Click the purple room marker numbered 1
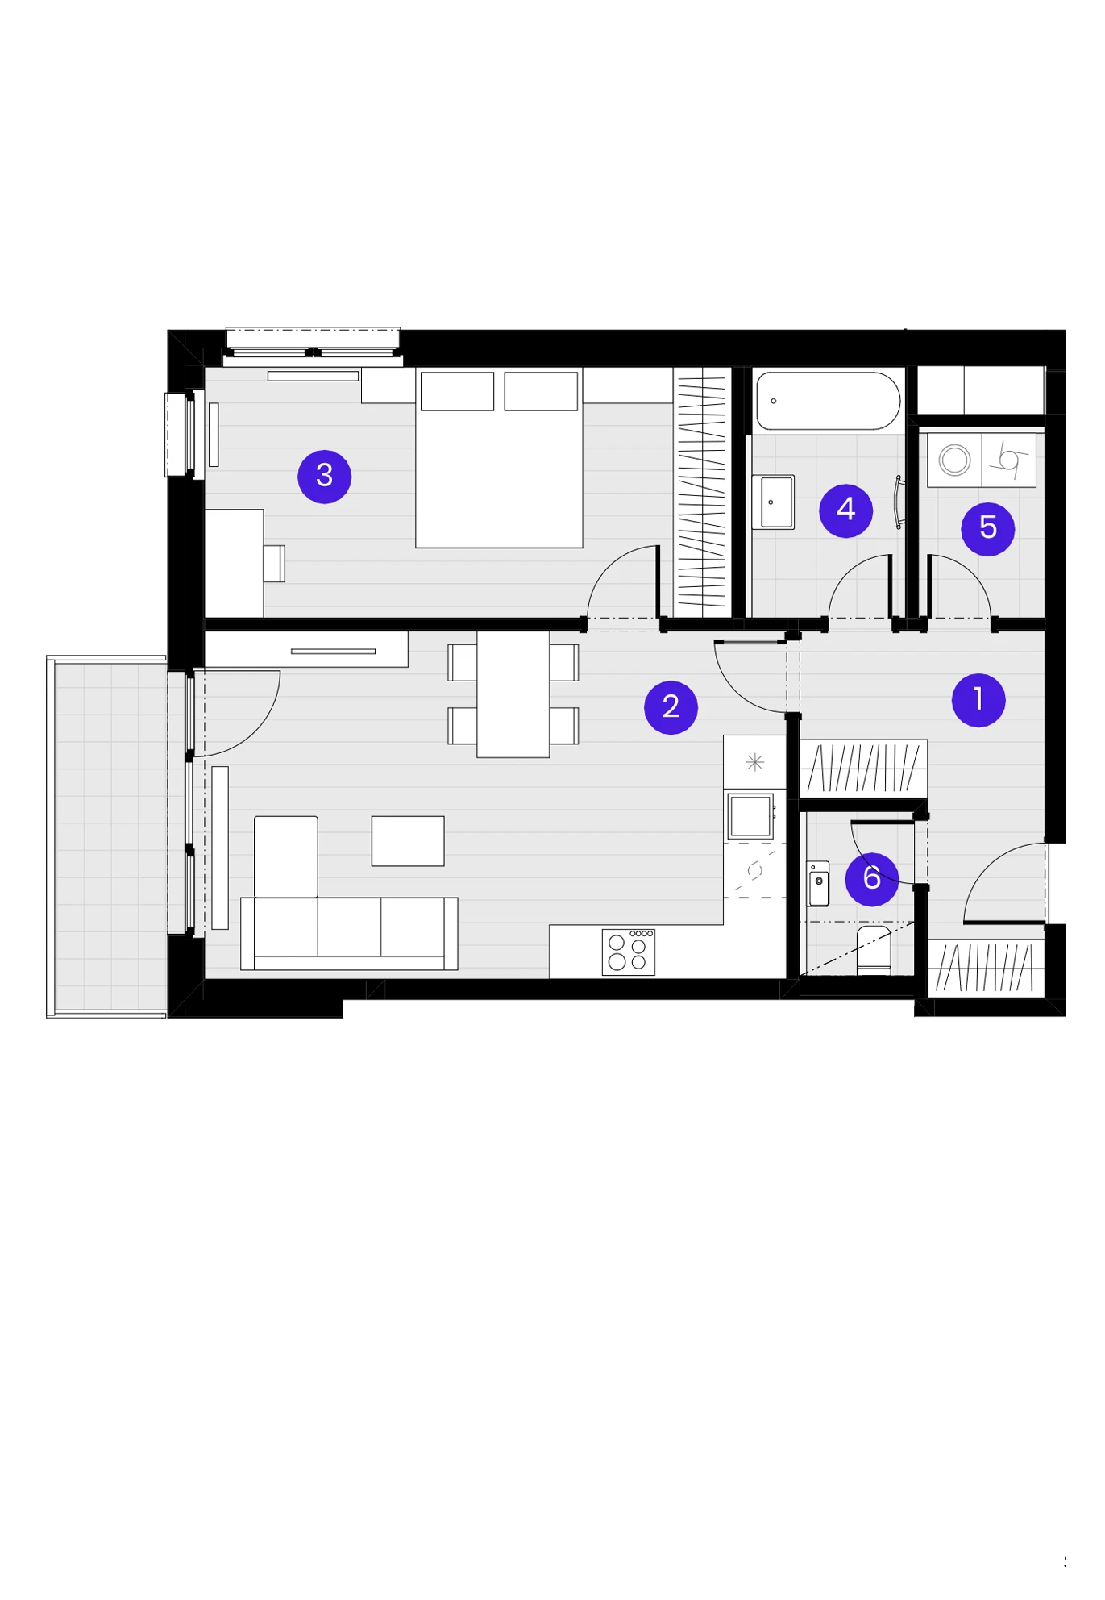pyautogui.click(x=978, y=700)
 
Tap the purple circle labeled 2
pyautogui.click(x=671, y=707)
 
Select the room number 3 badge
pyautogui.click(x=324, y=477)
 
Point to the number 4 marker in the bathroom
pyautogui.click(x=845, y=510)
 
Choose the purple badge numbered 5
pyautogui.click(x=987, y=529)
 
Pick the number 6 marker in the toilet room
pyautogui.click(x=871, y=879)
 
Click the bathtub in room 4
pyautogui.click(x=828, y=401)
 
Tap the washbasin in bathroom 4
pyautogui.click(x=773, y=502)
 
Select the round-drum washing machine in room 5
pyautogui.click(x=954, y=460)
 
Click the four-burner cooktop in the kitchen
pyautogui.click(x=629, y=952)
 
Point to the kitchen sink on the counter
pyautogui.click(x=750, y=816)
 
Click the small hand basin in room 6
pyautogui.click(x=818, y=884)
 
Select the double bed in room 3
pyautogui.click(x=499, y=458)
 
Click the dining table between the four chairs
pyautogui.click(x=513, y=694)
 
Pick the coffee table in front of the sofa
pyautogui.click(x=408, y=841)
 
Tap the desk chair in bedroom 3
pyautogui.click(x=274, y=564)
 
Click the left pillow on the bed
pyautogui.click(x=457, y=391)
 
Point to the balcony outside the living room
pyautogui.click(x=106, y=837)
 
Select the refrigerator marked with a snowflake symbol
pyautogui.click(x=754, y=762)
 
